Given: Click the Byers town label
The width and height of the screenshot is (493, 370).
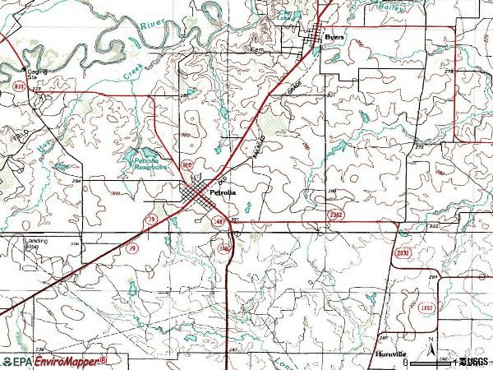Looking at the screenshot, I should pyautogui.click(x=334, y=37).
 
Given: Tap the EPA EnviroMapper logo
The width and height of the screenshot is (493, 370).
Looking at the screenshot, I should pyautogui.click(x=53, y=361).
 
